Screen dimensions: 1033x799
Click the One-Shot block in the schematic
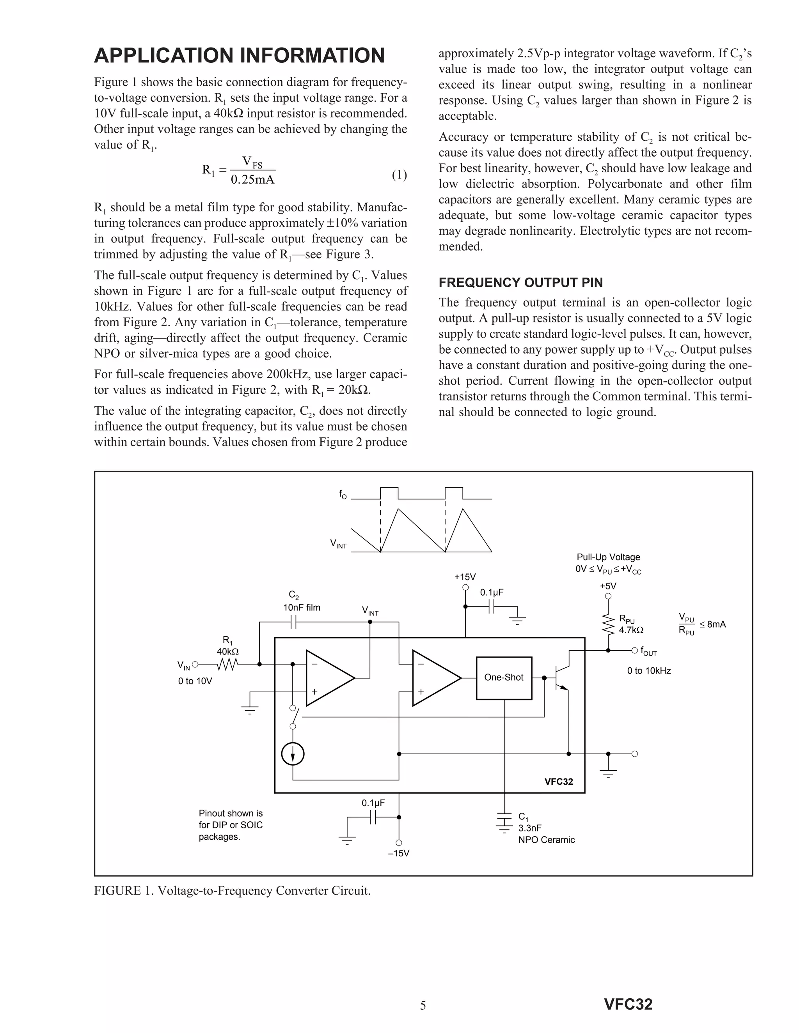pos(504,677)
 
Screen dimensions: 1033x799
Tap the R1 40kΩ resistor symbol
pos(227,665)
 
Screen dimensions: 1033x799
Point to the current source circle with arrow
pos(293,754)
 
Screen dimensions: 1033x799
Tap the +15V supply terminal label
pos(465,577)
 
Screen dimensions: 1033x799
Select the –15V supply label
pos(399,853)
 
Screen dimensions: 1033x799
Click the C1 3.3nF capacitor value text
pos(530,828)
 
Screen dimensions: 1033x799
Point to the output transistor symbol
pos(561,677)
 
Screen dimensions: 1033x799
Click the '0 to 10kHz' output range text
pos(649,671)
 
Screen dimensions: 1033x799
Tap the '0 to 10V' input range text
pos(195,681)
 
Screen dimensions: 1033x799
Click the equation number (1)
pos(399,175)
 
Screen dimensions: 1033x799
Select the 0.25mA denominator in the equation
pos(252,180)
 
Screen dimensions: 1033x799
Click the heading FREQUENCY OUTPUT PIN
pos(520,283)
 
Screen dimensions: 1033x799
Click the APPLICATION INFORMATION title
pos(239,55)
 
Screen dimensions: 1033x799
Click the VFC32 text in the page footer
pos(628,1004)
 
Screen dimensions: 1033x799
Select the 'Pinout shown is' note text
pos(231,813)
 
